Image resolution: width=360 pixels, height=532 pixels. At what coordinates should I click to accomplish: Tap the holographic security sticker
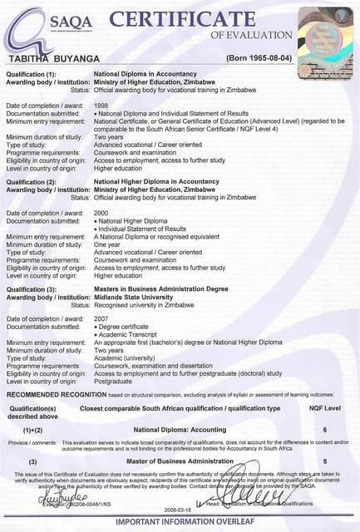(x=325, y=30)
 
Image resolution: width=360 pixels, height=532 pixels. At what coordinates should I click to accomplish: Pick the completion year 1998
(x=101, y=106)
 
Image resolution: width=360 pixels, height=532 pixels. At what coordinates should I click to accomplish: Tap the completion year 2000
(x=101, y=214)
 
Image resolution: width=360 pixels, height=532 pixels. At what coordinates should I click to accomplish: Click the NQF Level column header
(x=324, y=408)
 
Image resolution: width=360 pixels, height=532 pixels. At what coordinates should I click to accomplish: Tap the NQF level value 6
(x=325, y=430)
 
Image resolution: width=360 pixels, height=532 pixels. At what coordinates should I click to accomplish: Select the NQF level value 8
(x=325, y=461)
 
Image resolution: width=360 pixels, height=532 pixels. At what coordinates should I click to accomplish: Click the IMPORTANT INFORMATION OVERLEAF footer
(x=180, y=523)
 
